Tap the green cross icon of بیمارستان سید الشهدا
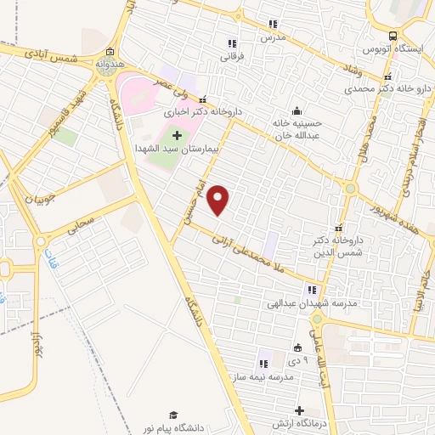point(177,135)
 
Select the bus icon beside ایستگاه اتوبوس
point(392,36)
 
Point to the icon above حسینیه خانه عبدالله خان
point(296,110)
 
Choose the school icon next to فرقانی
point(230,43)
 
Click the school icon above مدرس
point(273,24)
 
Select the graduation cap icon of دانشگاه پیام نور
point(173,414)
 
